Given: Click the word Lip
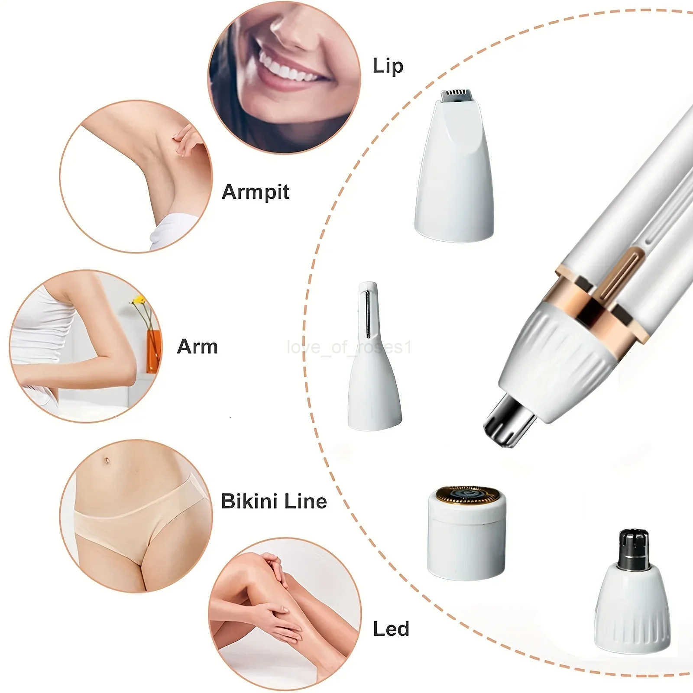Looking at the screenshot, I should [x=388, y=66].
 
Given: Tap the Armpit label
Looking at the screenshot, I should [x=255, y=191].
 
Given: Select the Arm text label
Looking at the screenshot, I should [x=197, y=346].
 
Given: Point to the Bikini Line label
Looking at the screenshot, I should [x=274, y=501].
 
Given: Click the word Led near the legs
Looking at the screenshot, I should [x=391, y=629].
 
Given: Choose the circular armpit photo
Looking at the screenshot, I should [x=136, y=176].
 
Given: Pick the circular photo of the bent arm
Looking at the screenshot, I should [x=85, y=346].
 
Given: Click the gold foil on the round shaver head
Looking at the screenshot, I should [x=466, y=496].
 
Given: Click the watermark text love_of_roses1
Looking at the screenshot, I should [x=349, y=347].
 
